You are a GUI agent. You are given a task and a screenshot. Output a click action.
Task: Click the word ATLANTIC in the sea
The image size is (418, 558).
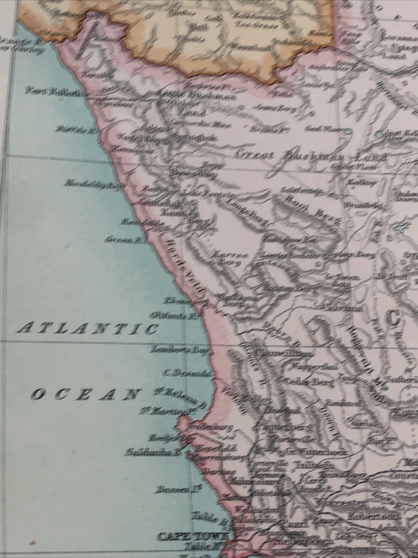[87, 328]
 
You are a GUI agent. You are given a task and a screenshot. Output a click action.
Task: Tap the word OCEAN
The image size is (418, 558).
[84, 395]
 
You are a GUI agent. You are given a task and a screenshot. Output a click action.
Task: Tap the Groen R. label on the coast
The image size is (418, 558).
[123, 239]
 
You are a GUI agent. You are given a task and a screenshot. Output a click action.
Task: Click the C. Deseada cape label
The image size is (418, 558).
[187, 374]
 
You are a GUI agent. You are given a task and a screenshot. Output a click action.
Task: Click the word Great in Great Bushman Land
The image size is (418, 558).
[256, 155]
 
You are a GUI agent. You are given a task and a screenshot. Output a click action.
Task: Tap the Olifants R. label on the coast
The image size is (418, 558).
[174, 316]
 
